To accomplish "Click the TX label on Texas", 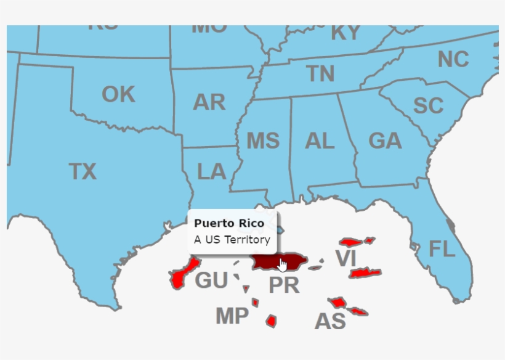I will tap(83, 171).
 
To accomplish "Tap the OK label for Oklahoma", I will tap(118, 95).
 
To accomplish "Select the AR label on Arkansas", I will tap(209, 102).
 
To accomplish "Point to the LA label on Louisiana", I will tap(212, 172).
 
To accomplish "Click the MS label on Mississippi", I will tap(263, 141).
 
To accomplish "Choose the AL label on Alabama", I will tap(320, 141).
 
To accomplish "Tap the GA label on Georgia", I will tap(385, 141).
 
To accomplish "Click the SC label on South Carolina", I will tap(428, 106).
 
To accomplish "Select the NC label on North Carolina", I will tap(453, 60).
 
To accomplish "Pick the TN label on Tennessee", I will tap(321, 74).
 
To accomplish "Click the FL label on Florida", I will tap(442, 250).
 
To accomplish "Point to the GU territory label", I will tap(211, 281).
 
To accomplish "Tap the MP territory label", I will tap(232, 316).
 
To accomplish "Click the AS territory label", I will tap(330, 322).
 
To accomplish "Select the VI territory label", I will tap(345, 258).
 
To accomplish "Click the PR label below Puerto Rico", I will tap(284, 285).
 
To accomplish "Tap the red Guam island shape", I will tap(183, 273).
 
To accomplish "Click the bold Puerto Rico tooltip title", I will tap(229, 223).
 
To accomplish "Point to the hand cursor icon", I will tap(283, 265).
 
